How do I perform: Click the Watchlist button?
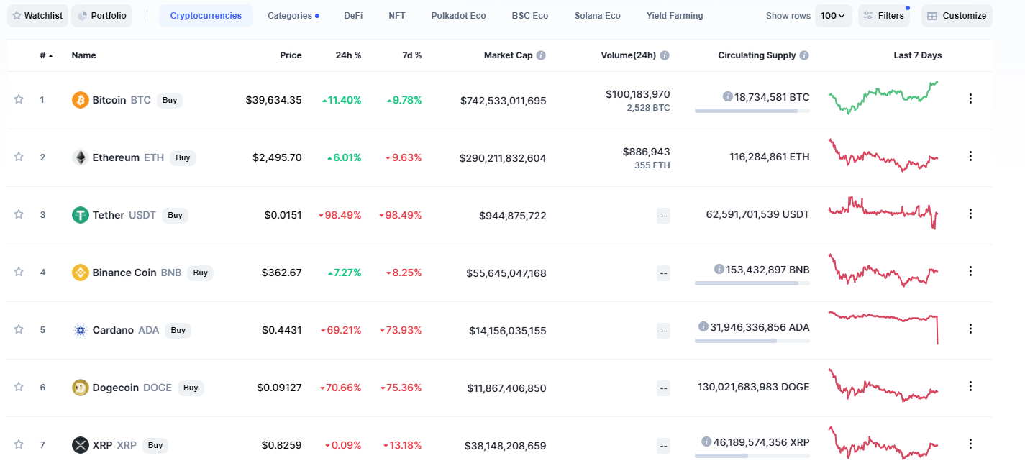(37, 16)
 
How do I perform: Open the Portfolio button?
(101, 16)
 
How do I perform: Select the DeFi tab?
(353, 16)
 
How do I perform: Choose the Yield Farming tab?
(675, 16)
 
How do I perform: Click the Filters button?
(883, 16)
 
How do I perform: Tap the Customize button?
(957, 16)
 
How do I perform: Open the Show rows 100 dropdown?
(833, 16)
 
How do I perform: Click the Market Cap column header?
(509, 55)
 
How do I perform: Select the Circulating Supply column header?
(757, 55)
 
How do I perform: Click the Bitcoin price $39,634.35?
(273, 100)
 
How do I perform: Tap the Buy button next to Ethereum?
(183, 157)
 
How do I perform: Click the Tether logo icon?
(81, 215)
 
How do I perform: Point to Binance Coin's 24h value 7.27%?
(345, 273)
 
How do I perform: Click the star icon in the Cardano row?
(19, 329)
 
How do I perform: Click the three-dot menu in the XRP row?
(970, 444)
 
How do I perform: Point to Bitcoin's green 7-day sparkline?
(883, 97)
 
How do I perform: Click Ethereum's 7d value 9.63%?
(404, 157)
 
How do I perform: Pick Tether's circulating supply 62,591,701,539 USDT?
(757, 214)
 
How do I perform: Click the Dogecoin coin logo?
(81, 388)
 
